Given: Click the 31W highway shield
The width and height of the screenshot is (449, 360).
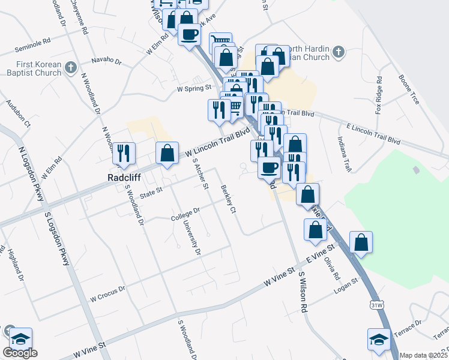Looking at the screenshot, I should click(x=376, y=305).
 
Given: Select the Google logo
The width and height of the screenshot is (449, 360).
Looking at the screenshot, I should click(x=20, y=353).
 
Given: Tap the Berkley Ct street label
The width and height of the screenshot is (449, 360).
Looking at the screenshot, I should click(x=229, y=199).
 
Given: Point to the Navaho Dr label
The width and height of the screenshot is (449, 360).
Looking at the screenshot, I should click(x=106, y=61).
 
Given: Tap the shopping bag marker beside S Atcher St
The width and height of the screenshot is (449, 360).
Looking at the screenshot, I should click(x=167, y=152).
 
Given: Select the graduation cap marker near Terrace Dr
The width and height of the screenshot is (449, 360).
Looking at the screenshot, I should click(x=379, y=338).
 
